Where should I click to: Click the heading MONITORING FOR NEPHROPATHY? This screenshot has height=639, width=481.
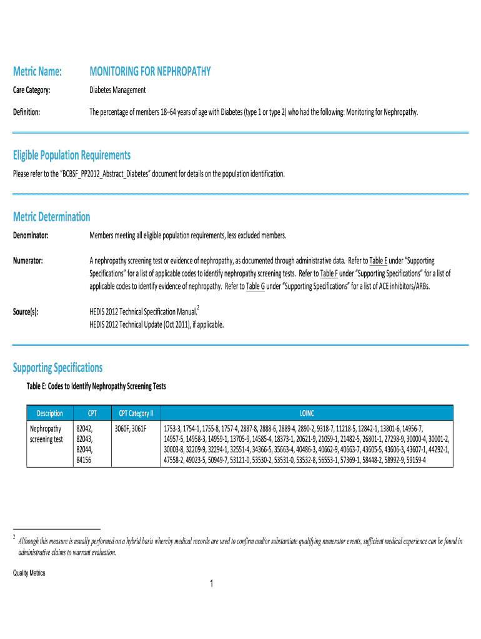[150, 72]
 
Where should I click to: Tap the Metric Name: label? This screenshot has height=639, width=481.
[37, 72]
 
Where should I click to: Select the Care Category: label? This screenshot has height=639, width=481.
[32, 90]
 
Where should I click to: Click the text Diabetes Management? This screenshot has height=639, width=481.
[117, 90]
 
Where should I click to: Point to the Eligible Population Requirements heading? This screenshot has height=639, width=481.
[72, 155]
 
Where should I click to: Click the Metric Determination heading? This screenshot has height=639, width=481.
[52, 217]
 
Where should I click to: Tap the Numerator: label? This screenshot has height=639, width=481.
[28, 260]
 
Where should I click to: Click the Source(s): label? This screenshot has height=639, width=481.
[26, 310]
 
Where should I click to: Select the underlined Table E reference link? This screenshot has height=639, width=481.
[379, 260]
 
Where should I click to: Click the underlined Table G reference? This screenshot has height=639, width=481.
[255, 286]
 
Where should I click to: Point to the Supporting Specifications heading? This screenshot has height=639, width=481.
[57, 368]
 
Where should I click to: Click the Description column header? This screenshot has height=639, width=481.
[50, 413]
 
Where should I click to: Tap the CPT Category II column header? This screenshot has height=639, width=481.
[136, 413]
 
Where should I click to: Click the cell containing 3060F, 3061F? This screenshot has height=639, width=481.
[130, 429]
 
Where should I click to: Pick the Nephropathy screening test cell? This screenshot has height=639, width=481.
[46, 434]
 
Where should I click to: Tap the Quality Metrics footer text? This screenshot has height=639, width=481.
[29, 573]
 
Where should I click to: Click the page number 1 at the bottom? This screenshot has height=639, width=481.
[212, 584]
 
